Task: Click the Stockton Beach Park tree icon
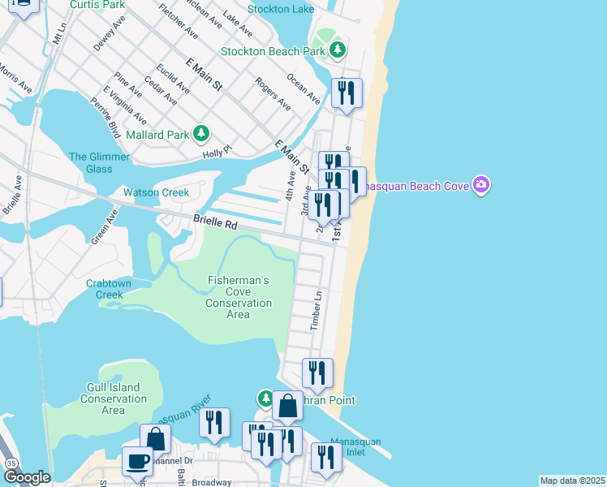pyautogui.click(x=338, y=50)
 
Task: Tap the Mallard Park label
pyautogui.click(x=166, y=135)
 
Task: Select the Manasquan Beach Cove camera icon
pyautogui.click(x=481, y=186)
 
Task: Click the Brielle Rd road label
pyautogui.click(x=214, y=221)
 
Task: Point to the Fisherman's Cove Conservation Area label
pyautogui.click(x=238, y=297)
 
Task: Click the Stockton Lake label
pyautogui.click(x=282, y=10)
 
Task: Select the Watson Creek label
pyautogui.click(x=156, y=192)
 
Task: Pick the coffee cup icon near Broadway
pyautogui.click(x=137, y=461)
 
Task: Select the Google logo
pyautogui.click(x=26, y=477)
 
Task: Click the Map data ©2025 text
pyautogui.click(x=572, y=481)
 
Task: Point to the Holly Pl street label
pyautogui.click(x=217, y=151)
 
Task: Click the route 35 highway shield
pyautogui.click(x=11, y=463)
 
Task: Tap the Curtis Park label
pyautogui.click(x=97, y=5)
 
